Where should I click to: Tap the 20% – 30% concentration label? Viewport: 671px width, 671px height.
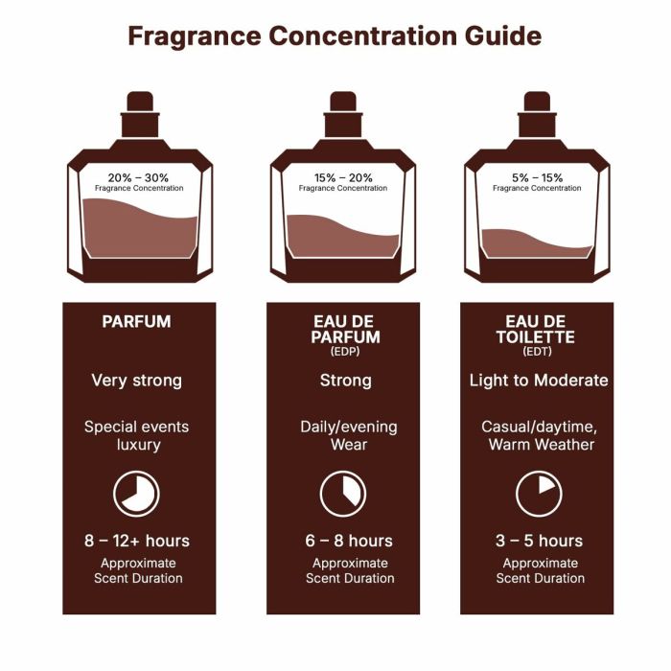tap(139, 177)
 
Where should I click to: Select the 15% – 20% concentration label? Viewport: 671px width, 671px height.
tap(343, 177)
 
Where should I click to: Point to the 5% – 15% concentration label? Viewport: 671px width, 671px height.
tap(537, 177)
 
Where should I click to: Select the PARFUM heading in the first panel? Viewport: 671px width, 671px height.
tap(136, 322)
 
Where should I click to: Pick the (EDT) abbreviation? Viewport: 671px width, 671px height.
tap(537, 352)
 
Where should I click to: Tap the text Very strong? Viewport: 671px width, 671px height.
tap(136, 381)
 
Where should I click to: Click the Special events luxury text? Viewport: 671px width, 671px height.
tap(136, 436)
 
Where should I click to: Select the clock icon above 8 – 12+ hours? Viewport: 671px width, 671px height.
tap(136, 494)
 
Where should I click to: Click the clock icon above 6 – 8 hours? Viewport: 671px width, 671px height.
tap(342, 494)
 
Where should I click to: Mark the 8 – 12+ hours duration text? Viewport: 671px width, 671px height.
tap(136, 541)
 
